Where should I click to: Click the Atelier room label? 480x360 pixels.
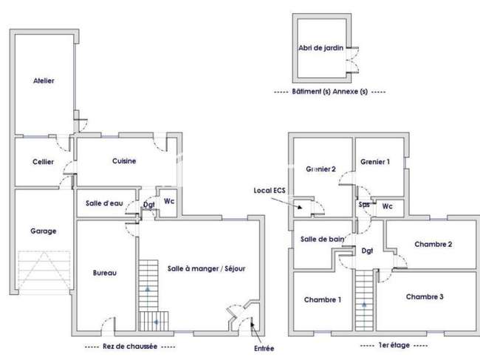point(44,81)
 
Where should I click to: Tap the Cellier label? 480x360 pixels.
point(43,162)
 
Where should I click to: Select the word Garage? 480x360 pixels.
point(44,231)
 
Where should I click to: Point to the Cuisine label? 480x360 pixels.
point(124,161)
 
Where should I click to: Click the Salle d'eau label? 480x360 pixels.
point(104,203)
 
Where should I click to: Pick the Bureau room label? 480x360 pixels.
point(105,273)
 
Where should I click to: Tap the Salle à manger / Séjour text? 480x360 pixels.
point(206,268)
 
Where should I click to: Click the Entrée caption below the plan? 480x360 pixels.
point(264,348)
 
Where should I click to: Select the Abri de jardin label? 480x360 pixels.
point(320,48)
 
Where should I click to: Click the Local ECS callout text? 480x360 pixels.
point(270,190)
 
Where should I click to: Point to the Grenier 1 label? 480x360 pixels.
point(375,162)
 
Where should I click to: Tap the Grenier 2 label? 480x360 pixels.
point(320,169)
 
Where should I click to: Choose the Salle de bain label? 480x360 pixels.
point(323,240)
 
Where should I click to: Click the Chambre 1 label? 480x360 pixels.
point(323,299)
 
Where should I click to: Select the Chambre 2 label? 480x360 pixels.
point(433,244)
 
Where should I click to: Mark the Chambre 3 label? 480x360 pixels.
point(425,296)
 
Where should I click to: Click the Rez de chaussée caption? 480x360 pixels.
point(130,347)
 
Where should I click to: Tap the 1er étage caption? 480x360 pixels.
point(394,345)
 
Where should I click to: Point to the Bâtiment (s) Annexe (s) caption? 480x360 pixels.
point(329,92)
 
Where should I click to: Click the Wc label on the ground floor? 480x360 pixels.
point(169,201)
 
